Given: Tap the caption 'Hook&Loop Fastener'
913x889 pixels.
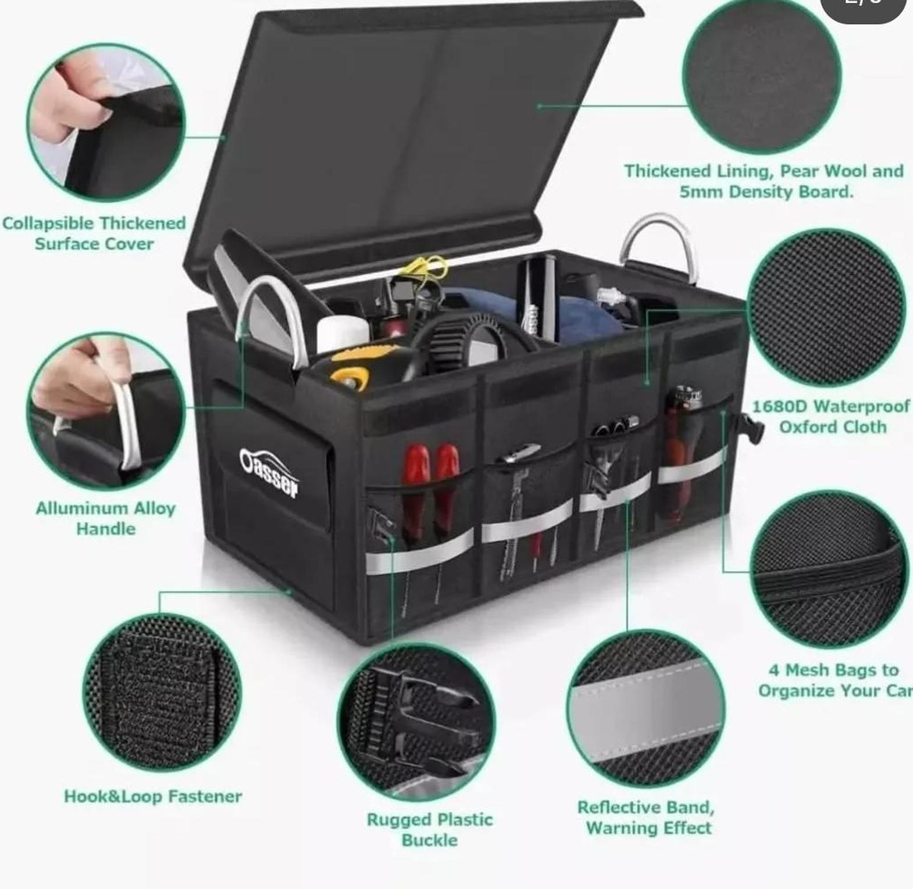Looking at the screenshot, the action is point(153,796).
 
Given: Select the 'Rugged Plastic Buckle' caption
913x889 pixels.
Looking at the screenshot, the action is point(430,830).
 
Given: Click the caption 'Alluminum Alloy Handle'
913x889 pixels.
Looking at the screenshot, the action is point(106,518).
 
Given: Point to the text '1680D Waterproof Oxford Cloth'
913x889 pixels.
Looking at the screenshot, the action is point(832,417).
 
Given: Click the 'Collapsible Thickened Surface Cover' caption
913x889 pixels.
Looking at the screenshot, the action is point(94,233).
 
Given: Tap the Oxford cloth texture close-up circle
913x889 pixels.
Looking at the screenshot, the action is point(826,308).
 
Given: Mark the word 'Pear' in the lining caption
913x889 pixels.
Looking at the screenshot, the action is point(799,171).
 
